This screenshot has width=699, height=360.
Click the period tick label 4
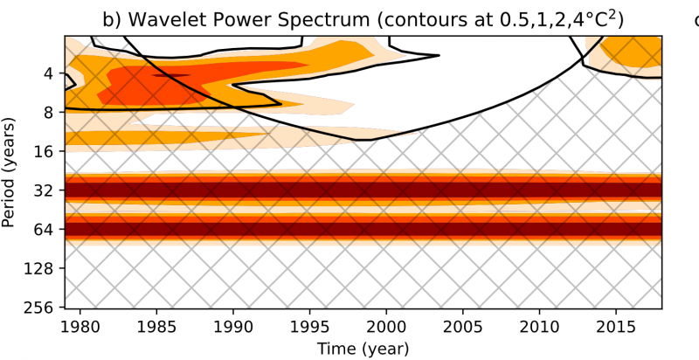pos(49,73)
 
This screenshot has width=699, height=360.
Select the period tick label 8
pos(49,113)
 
